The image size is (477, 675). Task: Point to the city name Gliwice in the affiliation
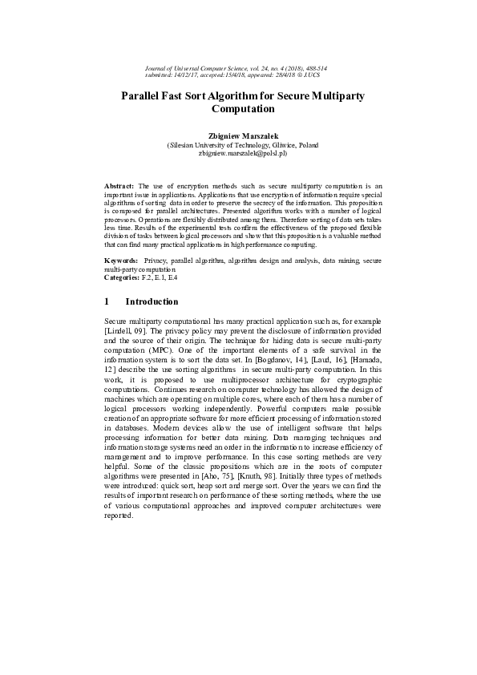(x=280, y=145)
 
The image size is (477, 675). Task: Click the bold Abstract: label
(x=120, y=185)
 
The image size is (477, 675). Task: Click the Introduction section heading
(x=152, y=301)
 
